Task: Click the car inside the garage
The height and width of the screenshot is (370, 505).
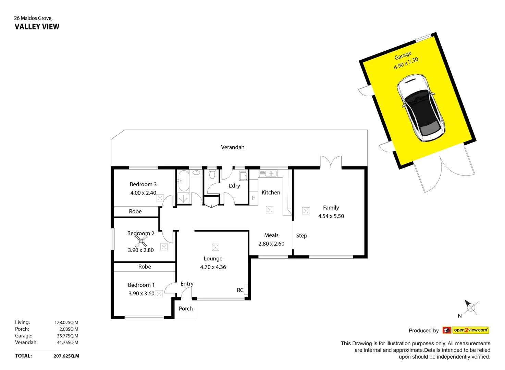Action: (421, 108)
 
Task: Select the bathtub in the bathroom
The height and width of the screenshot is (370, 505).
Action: (184, 181)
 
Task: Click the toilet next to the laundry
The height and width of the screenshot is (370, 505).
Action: (212, 174)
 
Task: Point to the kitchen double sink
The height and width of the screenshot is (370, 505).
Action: (268, 174)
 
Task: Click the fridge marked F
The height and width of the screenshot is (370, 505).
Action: (254, 198)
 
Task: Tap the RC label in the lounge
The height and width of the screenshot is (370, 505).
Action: (240, 290)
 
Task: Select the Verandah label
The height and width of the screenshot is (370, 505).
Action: (233, 147)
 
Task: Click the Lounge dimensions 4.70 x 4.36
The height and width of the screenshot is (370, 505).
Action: (213, 267)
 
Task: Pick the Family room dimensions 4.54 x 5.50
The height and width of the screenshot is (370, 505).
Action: (331, 216)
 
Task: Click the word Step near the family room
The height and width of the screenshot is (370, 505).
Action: (301, 236)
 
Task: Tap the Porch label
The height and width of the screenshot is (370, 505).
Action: (186, 309)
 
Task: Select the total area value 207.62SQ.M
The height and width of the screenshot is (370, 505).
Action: (66, 356)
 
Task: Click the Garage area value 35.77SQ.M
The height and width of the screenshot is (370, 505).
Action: (67, 336)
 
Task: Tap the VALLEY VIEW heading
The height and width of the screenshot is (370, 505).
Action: (37, 27)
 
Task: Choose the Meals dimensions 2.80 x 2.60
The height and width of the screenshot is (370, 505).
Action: (271, 244)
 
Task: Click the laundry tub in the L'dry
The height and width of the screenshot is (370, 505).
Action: (243, 176)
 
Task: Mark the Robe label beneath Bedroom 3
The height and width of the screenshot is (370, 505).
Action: (135, 212)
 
